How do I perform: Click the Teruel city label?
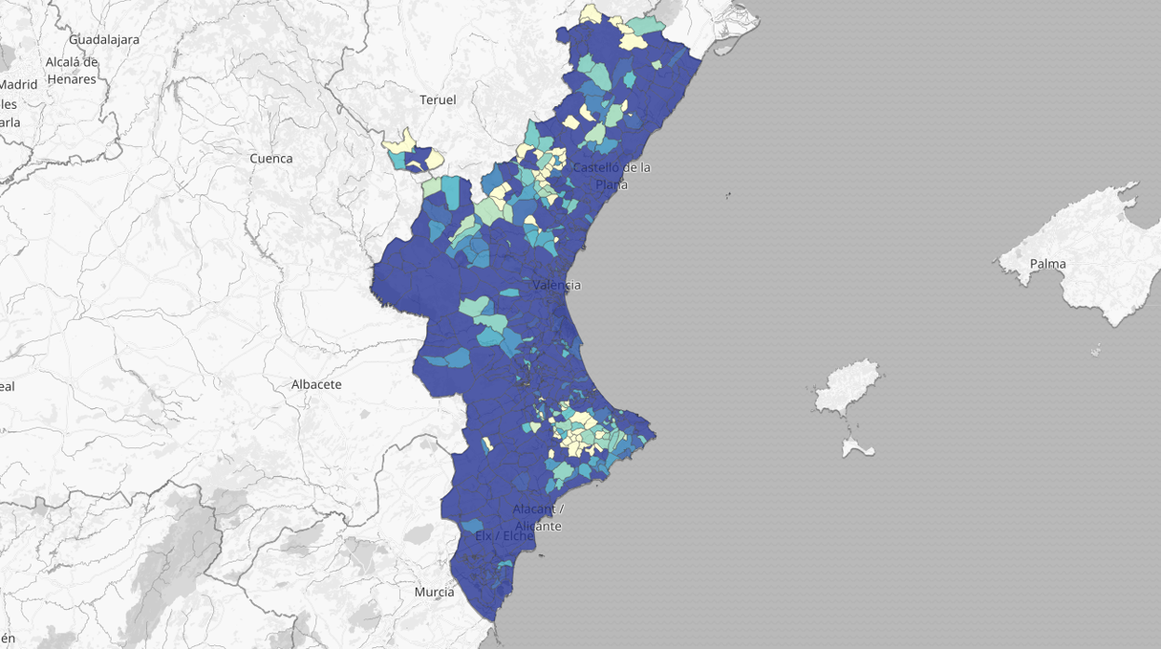[x=437, y=99]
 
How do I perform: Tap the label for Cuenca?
[x=271, y=158]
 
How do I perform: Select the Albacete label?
[x=316, y=384]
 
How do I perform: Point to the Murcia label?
[x=434, y=591]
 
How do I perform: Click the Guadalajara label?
[x=104, y=40]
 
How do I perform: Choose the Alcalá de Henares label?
[x=72, y=71]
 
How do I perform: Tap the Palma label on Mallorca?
[x=1048, y=264]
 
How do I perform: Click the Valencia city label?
[x=556, y=285]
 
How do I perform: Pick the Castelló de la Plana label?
[x=611, y=176]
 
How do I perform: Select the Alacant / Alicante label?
[x=538, y=517]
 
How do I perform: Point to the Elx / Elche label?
[x=504, y=536]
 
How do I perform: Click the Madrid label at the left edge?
[x=19, y=84]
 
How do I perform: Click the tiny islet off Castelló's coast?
[x=727, y=195]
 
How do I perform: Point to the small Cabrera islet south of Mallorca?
[x=1096, y=351]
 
